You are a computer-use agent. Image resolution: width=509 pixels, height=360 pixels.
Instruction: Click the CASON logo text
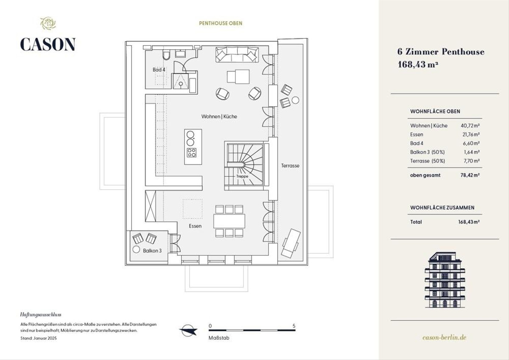48,44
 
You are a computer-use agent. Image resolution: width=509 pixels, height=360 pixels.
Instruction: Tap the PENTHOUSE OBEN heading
221,23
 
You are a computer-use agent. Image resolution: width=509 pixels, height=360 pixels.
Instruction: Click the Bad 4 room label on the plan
159,70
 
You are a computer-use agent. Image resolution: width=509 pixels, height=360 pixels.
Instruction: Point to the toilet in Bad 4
166,55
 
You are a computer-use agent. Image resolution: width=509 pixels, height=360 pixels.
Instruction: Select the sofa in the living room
237,55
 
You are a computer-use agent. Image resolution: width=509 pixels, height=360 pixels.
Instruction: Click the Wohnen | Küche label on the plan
219,116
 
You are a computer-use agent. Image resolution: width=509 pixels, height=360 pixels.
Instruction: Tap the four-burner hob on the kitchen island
192,152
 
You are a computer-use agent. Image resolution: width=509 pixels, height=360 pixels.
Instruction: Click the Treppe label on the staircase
242,176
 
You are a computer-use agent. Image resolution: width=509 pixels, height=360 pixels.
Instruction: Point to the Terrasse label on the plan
290,166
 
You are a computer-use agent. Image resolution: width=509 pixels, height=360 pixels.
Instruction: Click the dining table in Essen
229,221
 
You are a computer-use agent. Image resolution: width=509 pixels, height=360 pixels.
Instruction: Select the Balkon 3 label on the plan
152,250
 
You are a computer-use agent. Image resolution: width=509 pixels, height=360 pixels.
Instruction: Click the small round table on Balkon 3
136,250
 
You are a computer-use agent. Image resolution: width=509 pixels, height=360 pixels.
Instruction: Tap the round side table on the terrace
295,100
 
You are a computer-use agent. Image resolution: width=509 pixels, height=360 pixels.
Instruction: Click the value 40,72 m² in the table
470,126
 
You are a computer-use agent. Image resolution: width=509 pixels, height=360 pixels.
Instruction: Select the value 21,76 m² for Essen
471,135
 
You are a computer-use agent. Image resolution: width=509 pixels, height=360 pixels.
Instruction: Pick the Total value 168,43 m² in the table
469,222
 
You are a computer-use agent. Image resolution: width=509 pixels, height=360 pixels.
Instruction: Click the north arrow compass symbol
188,330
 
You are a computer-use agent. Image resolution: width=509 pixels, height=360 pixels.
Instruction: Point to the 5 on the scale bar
294,326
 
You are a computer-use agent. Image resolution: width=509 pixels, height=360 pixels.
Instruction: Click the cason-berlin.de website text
445,337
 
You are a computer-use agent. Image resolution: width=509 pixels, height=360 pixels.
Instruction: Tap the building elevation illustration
445,280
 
